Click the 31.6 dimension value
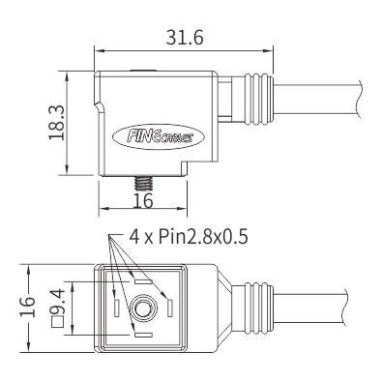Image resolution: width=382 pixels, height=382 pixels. point(185,38)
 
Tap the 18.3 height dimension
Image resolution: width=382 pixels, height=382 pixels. point(57,123)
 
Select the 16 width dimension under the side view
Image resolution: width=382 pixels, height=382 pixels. point(143,201)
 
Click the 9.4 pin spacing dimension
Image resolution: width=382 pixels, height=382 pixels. point(58,301)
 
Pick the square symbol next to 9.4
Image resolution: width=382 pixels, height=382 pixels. point(58,322)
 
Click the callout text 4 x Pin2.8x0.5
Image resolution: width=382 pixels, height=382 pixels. point(189,237)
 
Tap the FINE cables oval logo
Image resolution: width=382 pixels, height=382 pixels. point(159,137)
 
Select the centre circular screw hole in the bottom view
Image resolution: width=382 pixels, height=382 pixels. point(142,309)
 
